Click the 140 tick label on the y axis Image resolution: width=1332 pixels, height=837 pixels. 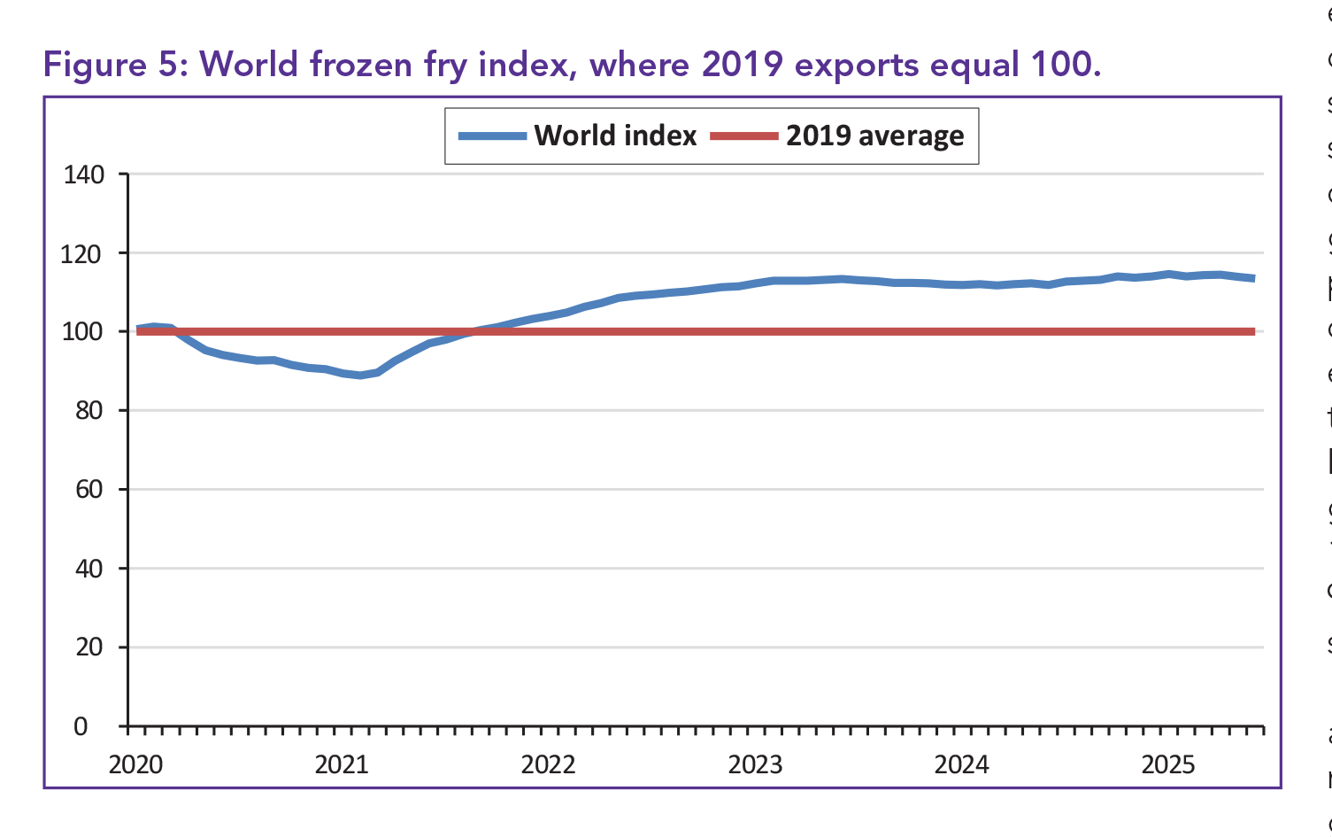[83, 174]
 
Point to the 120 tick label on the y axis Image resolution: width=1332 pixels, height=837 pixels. [83, 254]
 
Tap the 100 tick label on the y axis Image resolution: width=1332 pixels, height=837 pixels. [83, 332]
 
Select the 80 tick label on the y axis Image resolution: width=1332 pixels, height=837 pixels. [89, 411]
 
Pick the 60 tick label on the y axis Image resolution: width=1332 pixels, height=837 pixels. [89, 490]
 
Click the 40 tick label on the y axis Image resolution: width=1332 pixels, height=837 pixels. [89, 569]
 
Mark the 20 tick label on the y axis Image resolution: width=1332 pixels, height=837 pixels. [89, 647]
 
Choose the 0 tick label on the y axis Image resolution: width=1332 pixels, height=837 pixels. [81, 726]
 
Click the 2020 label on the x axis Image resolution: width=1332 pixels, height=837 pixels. [135, 764]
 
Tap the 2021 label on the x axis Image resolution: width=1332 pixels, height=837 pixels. [342, 764]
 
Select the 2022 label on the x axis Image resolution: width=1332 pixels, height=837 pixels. [548, 764]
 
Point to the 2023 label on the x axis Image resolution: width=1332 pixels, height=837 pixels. [755, 764]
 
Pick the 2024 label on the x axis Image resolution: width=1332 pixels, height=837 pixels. [961, 764]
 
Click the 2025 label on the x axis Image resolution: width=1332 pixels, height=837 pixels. [1168, 764]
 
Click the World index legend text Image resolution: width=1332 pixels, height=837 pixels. [615, 136]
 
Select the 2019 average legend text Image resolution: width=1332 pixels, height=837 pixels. [874, 136]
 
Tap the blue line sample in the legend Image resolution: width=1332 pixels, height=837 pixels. [492, 136]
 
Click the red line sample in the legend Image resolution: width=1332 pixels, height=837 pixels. [744, 136]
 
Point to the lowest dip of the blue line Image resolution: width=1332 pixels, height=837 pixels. [360, 376]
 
